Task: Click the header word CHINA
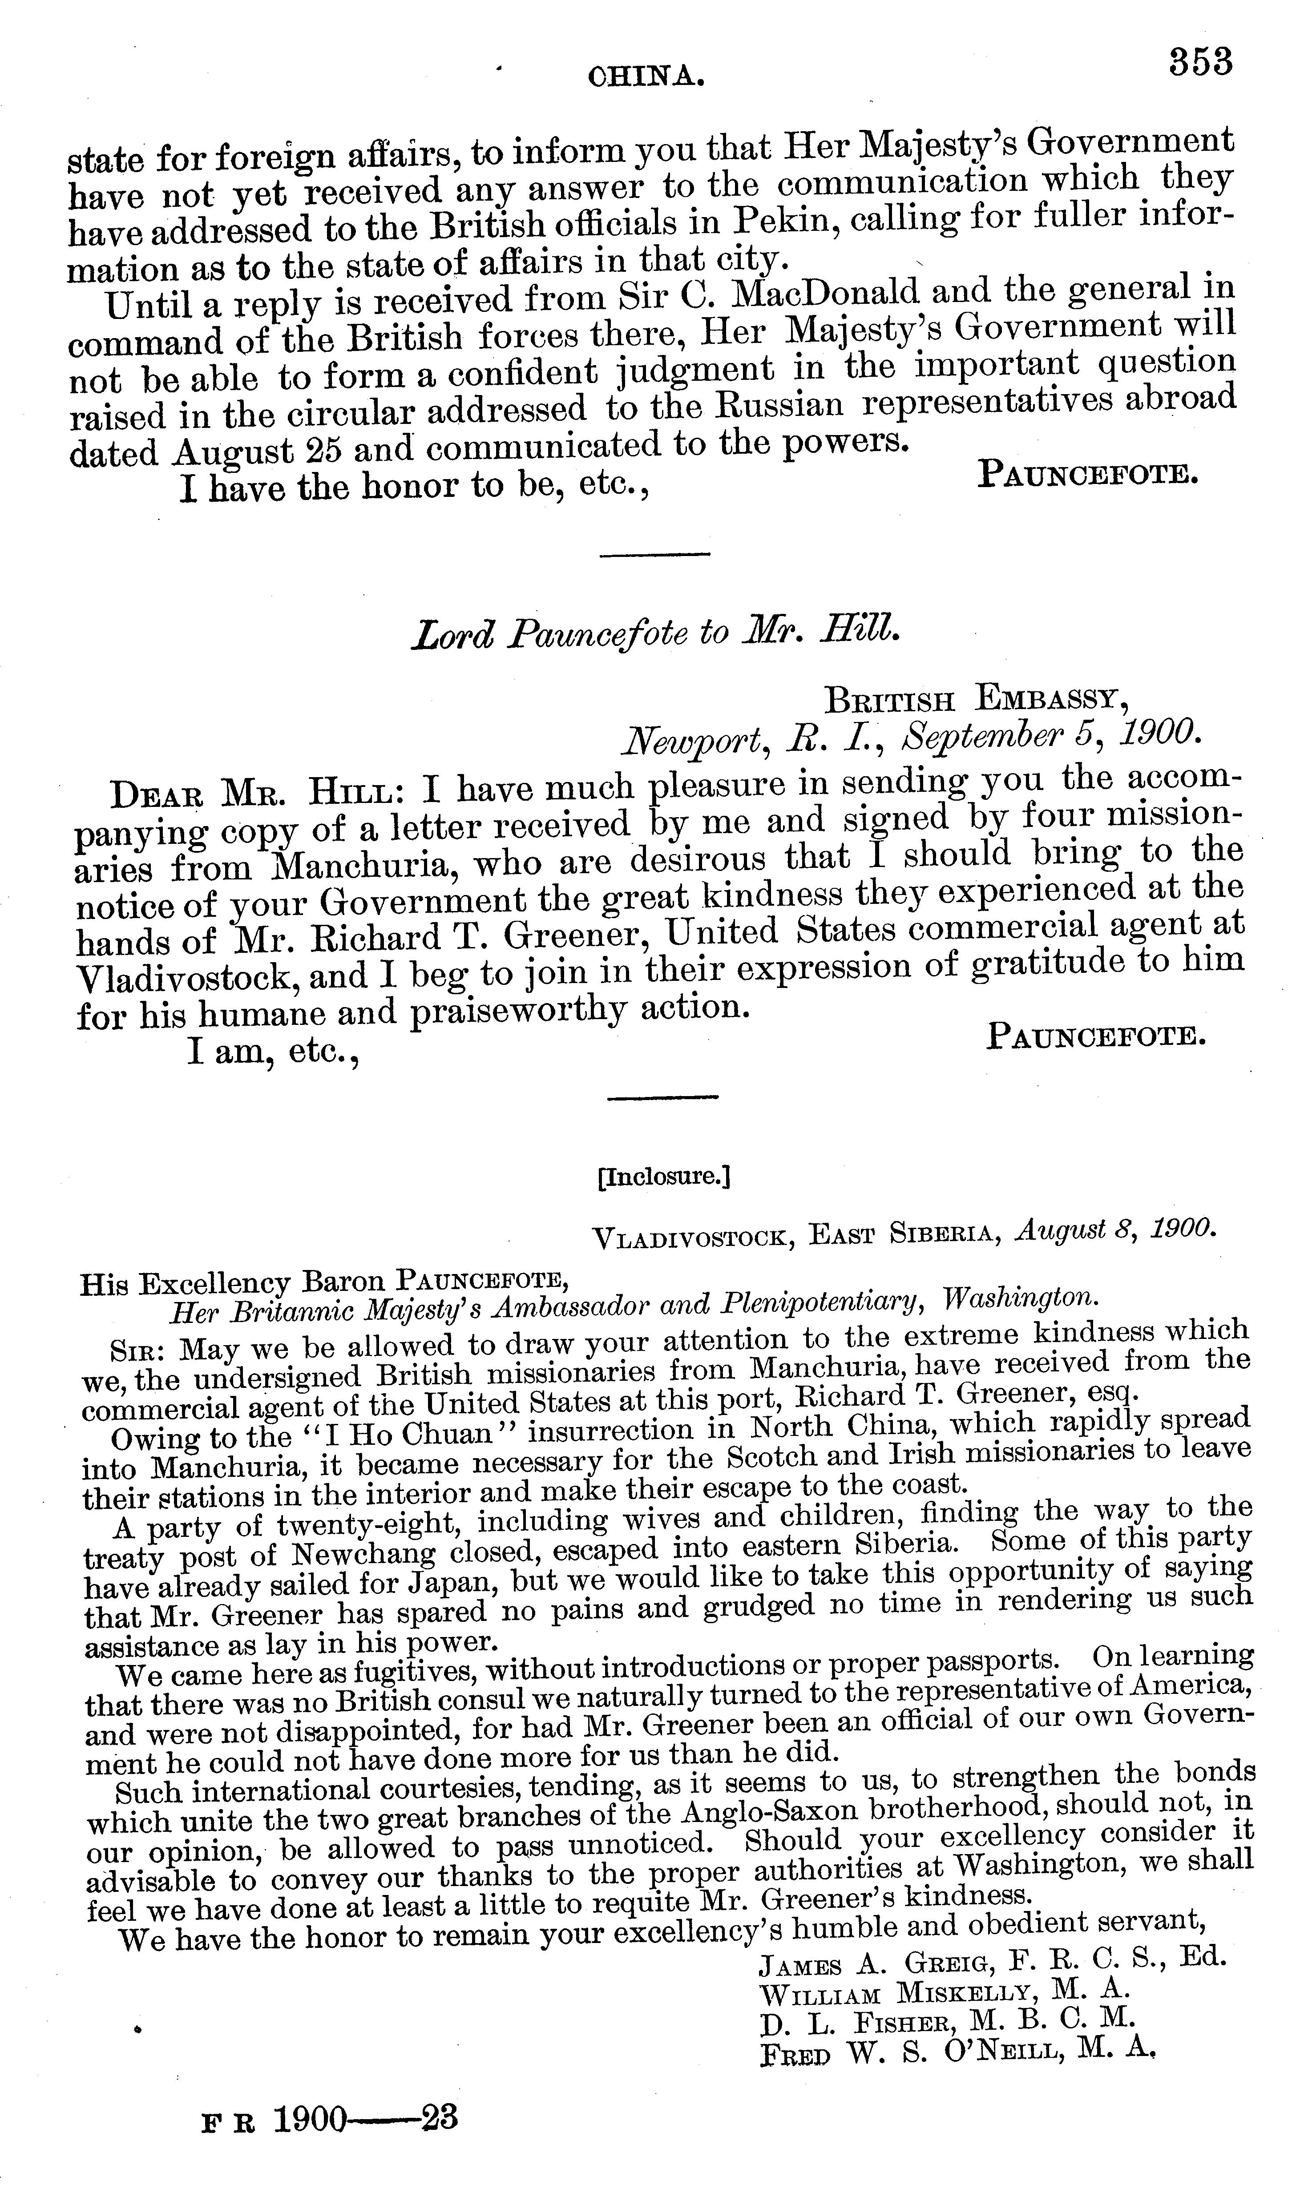pyautogui.click(x=646, y=78)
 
